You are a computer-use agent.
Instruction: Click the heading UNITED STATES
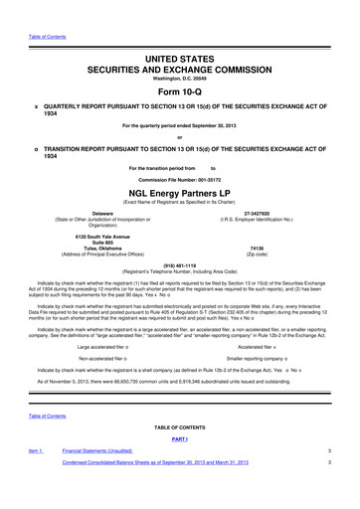[x=180, y=34]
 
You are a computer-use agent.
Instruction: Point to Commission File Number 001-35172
[x=180, y=178]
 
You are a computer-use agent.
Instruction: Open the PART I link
[x=180, y=465]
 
